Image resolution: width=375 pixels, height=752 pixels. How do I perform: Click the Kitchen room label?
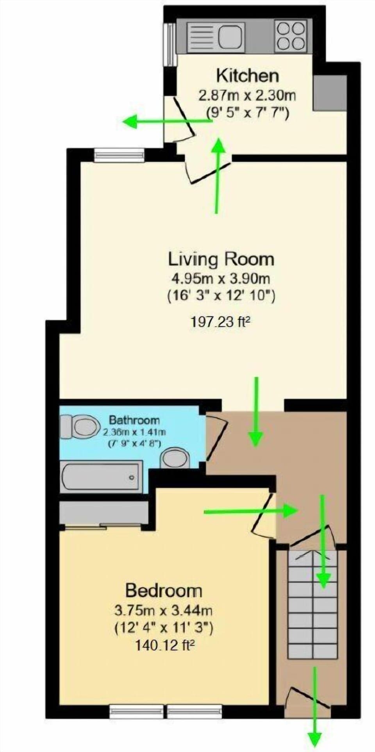pos(248,75)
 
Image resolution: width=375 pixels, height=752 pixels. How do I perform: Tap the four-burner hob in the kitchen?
pos(291,36)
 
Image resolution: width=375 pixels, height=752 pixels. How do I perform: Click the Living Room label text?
pos(221,259)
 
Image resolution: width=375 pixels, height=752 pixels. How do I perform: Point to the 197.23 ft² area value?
pos(220,322)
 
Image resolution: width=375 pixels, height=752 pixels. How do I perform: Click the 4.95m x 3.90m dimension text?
pos(221,279)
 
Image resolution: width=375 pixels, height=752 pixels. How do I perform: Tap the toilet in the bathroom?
pos(82,425)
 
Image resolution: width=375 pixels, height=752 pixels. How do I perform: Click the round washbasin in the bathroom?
pos(176,458)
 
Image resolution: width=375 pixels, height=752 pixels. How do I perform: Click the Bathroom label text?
pos(134,420)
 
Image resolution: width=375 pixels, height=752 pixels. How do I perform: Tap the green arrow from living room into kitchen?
pos(218,176)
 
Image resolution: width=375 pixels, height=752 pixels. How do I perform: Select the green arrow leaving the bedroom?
pos(250,511)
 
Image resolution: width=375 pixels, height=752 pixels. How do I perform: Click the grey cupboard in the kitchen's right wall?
pos(330,93)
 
